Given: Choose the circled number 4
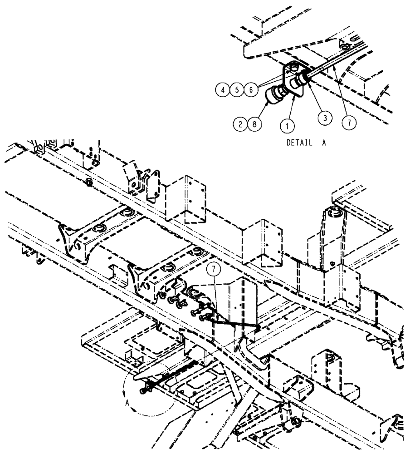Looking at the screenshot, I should click(x=223, y=90).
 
